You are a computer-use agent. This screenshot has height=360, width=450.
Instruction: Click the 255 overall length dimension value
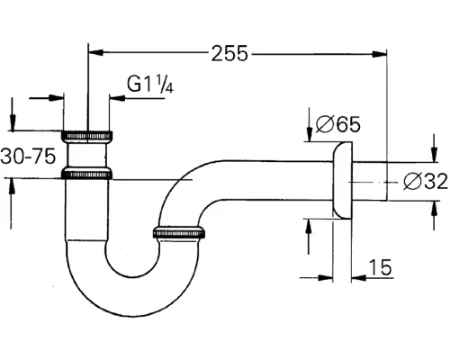click(x=229, y=54)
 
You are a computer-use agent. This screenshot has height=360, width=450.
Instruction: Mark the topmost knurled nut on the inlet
click(x=88, y=136)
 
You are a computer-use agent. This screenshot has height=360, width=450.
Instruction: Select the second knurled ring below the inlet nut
click(x=88, y=172)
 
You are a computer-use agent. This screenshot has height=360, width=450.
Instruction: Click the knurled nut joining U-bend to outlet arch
click(x=184, y=235)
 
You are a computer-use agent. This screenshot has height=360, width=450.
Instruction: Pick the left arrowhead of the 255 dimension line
click(x=94, y=54)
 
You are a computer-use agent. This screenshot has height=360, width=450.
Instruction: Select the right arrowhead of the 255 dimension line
click(x=382, y=54)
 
